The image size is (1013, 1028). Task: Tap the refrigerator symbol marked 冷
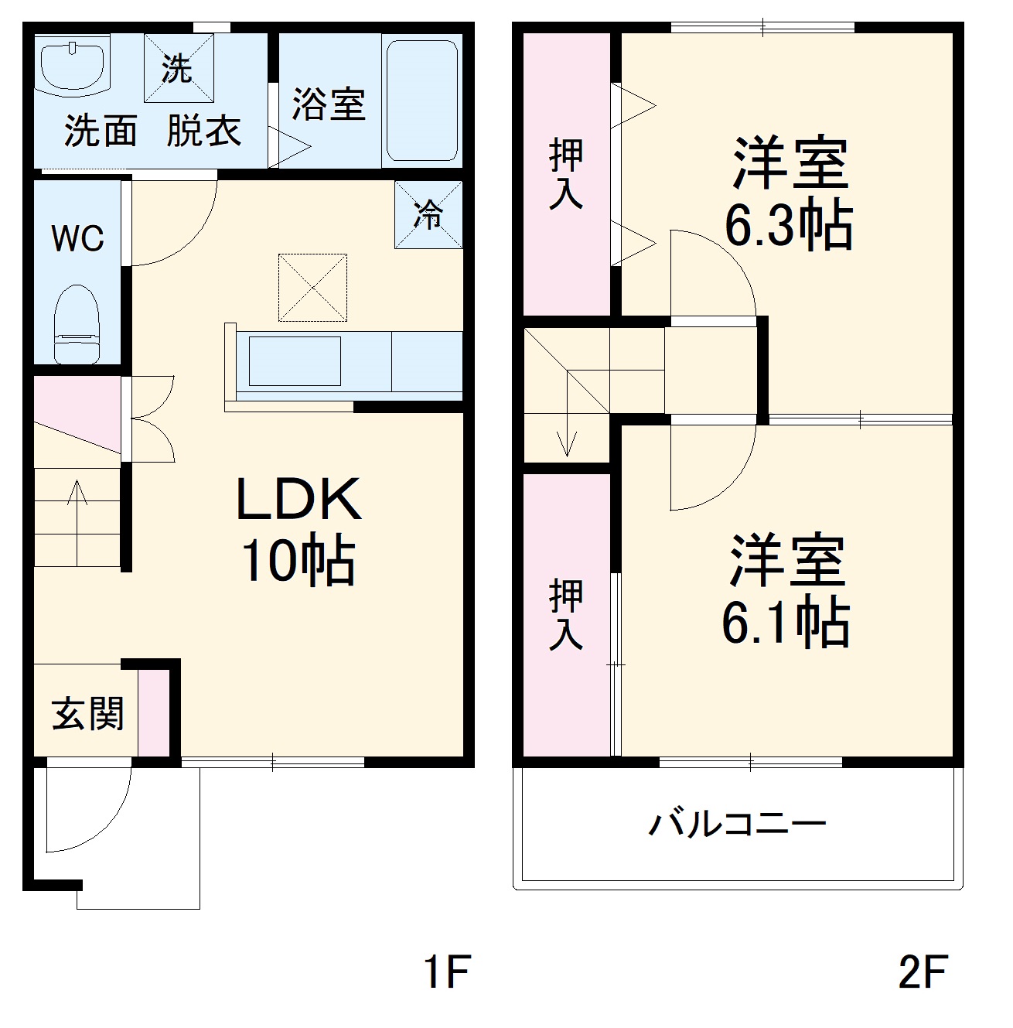click(x=428, y=214)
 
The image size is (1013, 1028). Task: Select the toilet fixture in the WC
click(x=77, y=324)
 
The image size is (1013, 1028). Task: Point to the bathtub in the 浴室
click(x=421, y=101)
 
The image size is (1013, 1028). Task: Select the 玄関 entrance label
click(x=87, y=713)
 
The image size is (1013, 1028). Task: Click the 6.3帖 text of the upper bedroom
click(x=788, y=225)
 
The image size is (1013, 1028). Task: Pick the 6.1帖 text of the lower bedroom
click(x=786, y=622)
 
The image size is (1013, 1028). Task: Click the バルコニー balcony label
click(x=737, y=823)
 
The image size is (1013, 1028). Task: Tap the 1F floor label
click(x=446, y=972)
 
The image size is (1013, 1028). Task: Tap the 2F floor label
click(x=923, y=972)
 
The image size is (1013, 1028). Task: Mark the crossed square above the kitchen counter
click(x=312, y=287)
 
